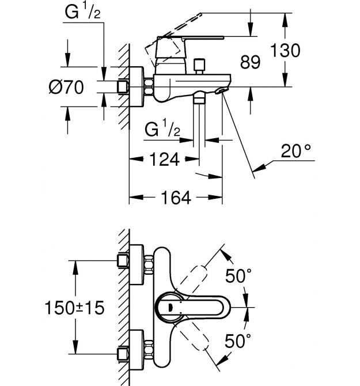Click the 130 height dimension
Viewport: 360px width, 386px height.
coord(285,50)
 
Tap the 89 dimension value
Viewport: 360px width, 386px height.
coord(250,62)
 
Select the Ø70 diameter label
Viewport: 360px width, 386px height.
coord(66,87)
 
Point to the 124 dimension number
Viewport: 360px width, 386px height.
coord(164,160)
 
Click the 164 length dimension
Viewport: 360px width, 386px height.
coord(176,198)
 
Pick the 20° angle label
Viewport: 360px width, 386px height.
coord(296,151)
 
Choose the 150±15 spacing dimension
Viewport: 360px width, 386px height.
coord(74,308)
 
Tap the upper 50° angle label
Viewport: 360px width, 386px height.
coord(238,276)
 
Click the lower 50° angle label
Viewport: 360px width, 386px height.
coord(238,340)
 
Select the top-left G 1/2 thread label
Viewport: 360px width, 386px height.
coord(82,12)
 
